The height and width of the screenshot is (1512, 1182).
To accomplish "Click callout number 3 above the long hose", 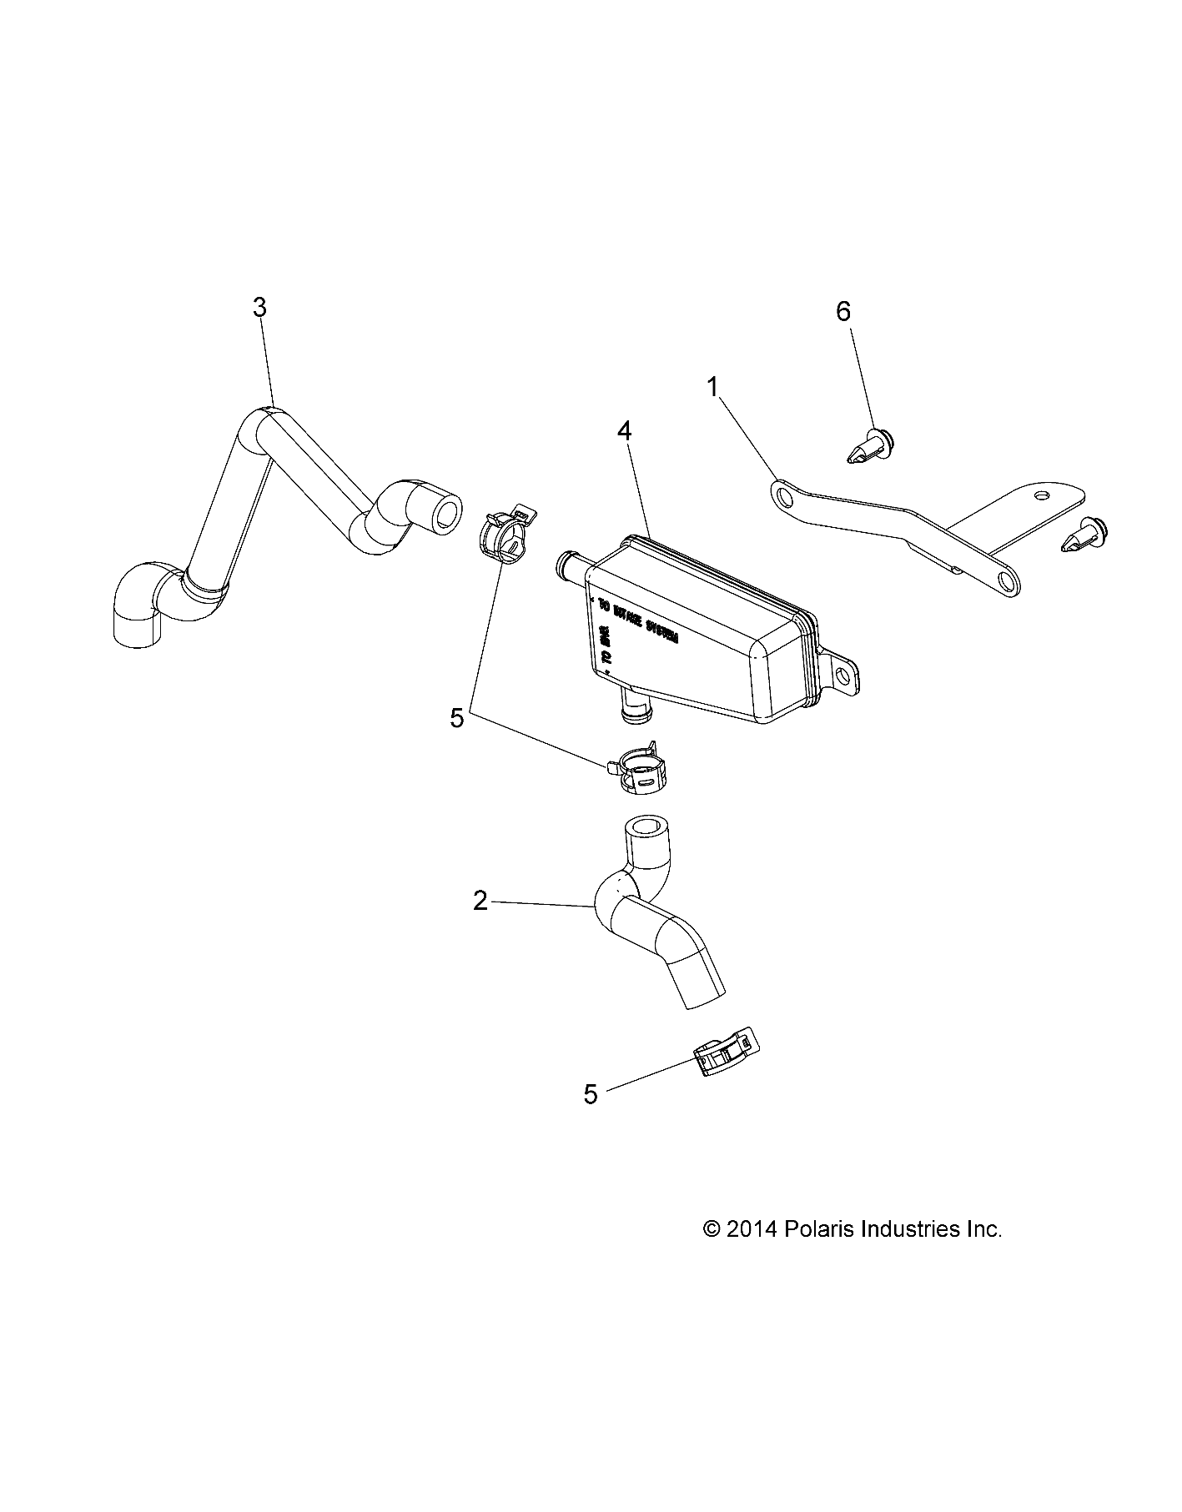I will coord(259,308).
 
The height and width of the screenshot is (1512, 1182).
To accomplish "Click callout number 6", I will coord(843,312).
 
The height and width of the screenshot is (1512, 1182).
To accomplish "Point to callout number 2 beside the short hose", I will coord(480,901).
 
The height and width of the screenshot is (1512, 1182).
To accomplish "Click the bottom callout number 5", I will coord(591,1093).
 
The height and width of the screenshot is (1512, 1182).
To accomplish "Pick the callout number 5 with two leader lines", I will coord(456,718).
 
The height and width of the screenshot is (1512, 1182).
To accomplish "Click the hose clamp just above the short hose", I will coord(636,767).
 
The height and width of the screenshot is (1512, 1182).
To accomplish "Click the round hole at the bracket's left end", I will coord(783,497).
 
